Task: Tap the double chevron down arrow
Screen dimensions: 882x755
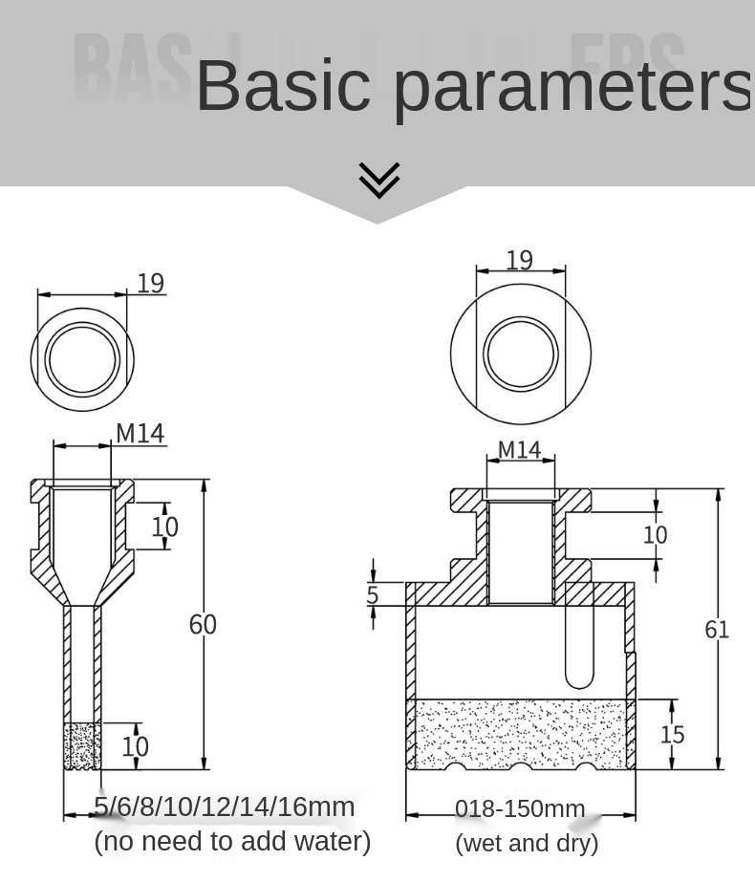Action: click(378, 180)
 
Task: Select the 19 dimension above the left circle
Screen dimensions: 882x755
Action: click(150, 284)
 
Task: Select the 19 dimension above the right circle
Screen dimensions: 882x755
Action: click(519, 261)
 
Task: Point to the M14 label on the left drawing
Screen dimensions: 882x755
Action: click(140, 434)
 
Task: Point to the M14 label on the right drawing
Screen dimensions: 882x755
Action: click(519, 449)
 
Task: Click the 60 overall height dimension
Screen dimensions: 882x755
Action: click(203, 624)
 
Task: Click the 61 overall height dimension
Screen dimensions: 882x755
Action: click(717, 629)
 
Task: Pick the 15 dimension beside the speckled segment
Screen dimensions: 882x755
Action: click(672, 734)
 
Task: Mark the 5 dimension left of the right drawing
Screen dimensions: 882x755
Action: click(373, 595)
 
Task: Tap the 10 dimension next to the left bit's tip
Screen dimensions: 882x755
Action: click(135, 746)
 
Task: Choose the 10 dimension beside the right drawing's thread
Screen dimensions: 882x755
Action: click(655, 534)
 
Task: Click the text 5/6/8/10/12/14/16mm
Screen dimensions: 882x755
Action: click(224, 807)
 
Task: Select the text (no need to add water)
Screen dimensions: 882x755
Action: click(232, 841)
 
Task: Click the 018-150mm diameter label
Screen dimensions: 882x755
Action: click(520, 809)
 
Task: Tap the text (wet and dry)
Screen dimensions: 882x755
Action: click(527, 843)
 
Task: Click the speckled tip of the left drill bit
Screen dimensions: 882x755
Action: click(82, 746)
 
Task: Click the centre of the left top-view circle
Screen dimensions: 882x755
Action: click(82, 360)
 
